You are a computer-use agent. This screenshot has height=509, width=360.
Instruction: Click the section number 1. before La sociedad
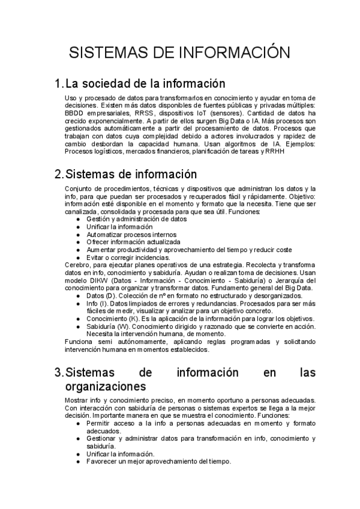pyautogui.click(x=59, y=83)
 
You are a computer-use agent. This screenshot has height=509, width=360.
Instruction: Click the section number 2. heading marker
pyautogui.click(x=59, y=174)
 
